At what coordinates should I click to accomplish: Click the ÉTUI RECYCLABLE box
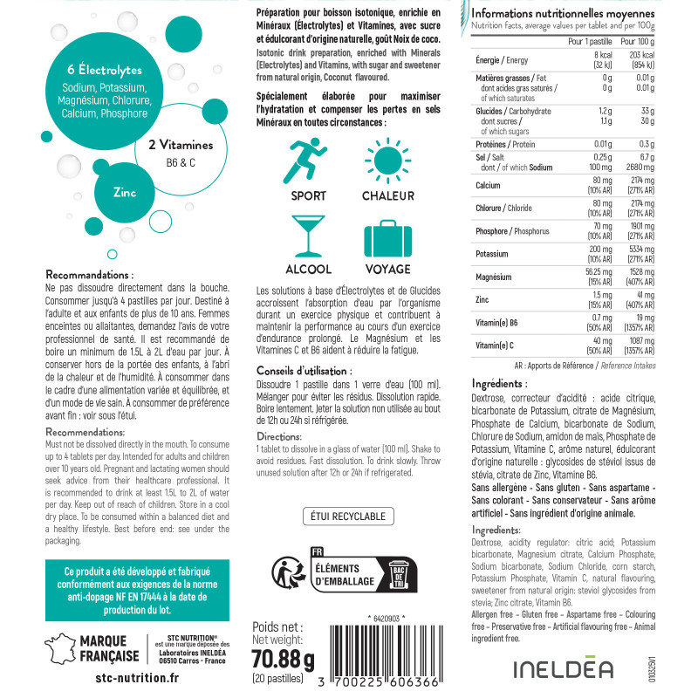coord(347,517)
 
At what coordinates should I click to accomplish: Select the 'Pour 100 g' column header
coord(637,41)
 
